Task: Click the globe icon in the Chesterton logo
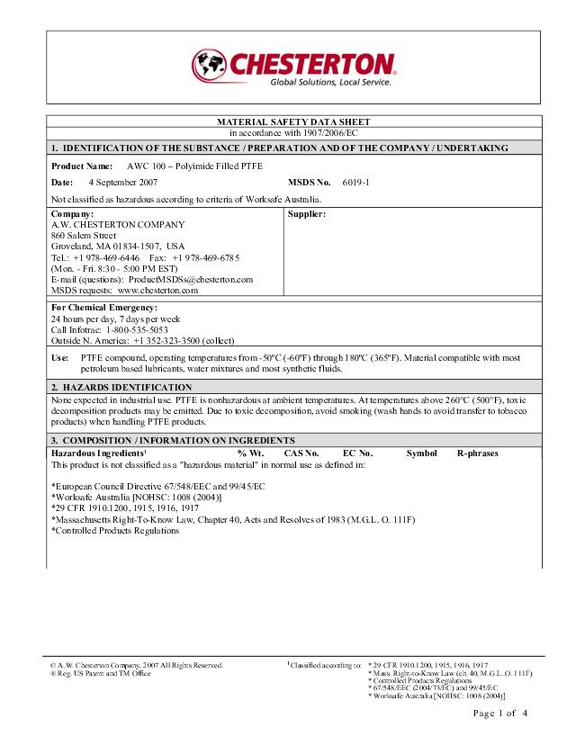click(208, 64)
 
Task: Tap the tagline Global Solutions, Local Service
click(331, 82)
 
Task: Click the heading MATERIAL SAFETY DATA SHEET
click(293, 121)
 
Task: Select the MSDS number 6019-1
click(356, 182)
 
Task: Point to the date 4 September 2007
click(123, 182)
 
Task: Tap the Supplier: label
click(306, 214)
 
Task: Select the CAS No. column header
click(301, 453)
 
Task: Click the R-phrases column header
click(477, 453)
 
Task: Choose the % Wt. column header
click(250, 453)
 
